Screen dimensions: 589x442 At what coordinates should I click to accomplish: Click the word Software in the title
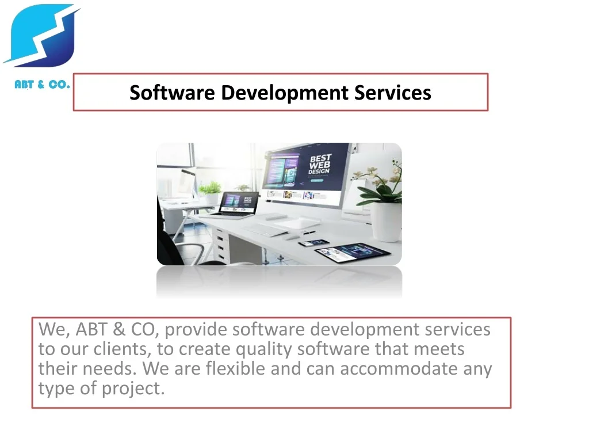click(x=171, y=93)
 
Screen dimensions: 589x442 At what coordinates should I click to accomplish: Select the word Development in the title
click(x=284, y=93)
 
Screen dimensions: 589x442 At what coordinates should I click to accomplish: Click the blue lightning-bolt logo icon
click(x=41, y=36)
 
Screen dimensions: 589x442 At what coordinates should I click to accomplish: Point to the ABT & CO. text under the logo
click(x=42, y=85)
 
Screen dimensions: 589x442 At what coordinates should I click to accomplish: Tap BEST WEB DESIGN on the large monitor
click(x=320, y=164)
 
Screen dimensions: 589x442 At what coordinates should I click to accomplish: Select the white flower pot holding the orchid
click(x=386, y=222)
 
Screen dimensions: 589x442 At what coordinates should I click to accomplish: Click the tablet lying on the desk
click(x=353, y=253)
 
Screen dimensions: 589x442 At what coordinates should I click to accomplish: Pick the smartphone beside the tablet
click(x=313, y=243)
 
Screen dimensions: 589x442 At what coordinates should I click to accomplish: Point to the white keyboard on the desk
click(x=265, y=229)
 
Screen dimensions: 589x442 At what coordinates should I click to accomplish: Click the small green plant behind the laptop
click(x=211, y=188)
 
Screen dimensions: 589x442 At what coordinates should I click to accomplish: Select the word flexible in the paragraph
click(x=235, y=368)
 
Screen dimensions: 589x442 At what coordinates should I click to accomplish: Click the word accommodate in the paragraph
click(x=399, y=369)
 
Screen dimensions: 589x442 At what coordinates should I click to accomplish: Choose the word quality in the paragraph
click(x=263, y=349)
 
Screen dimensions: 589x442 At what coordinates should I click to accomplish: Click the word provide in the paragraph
click(x=196, y=330)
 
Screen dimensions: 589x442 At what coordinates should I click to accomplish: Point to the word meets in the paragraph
click(x=439, y=349)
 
